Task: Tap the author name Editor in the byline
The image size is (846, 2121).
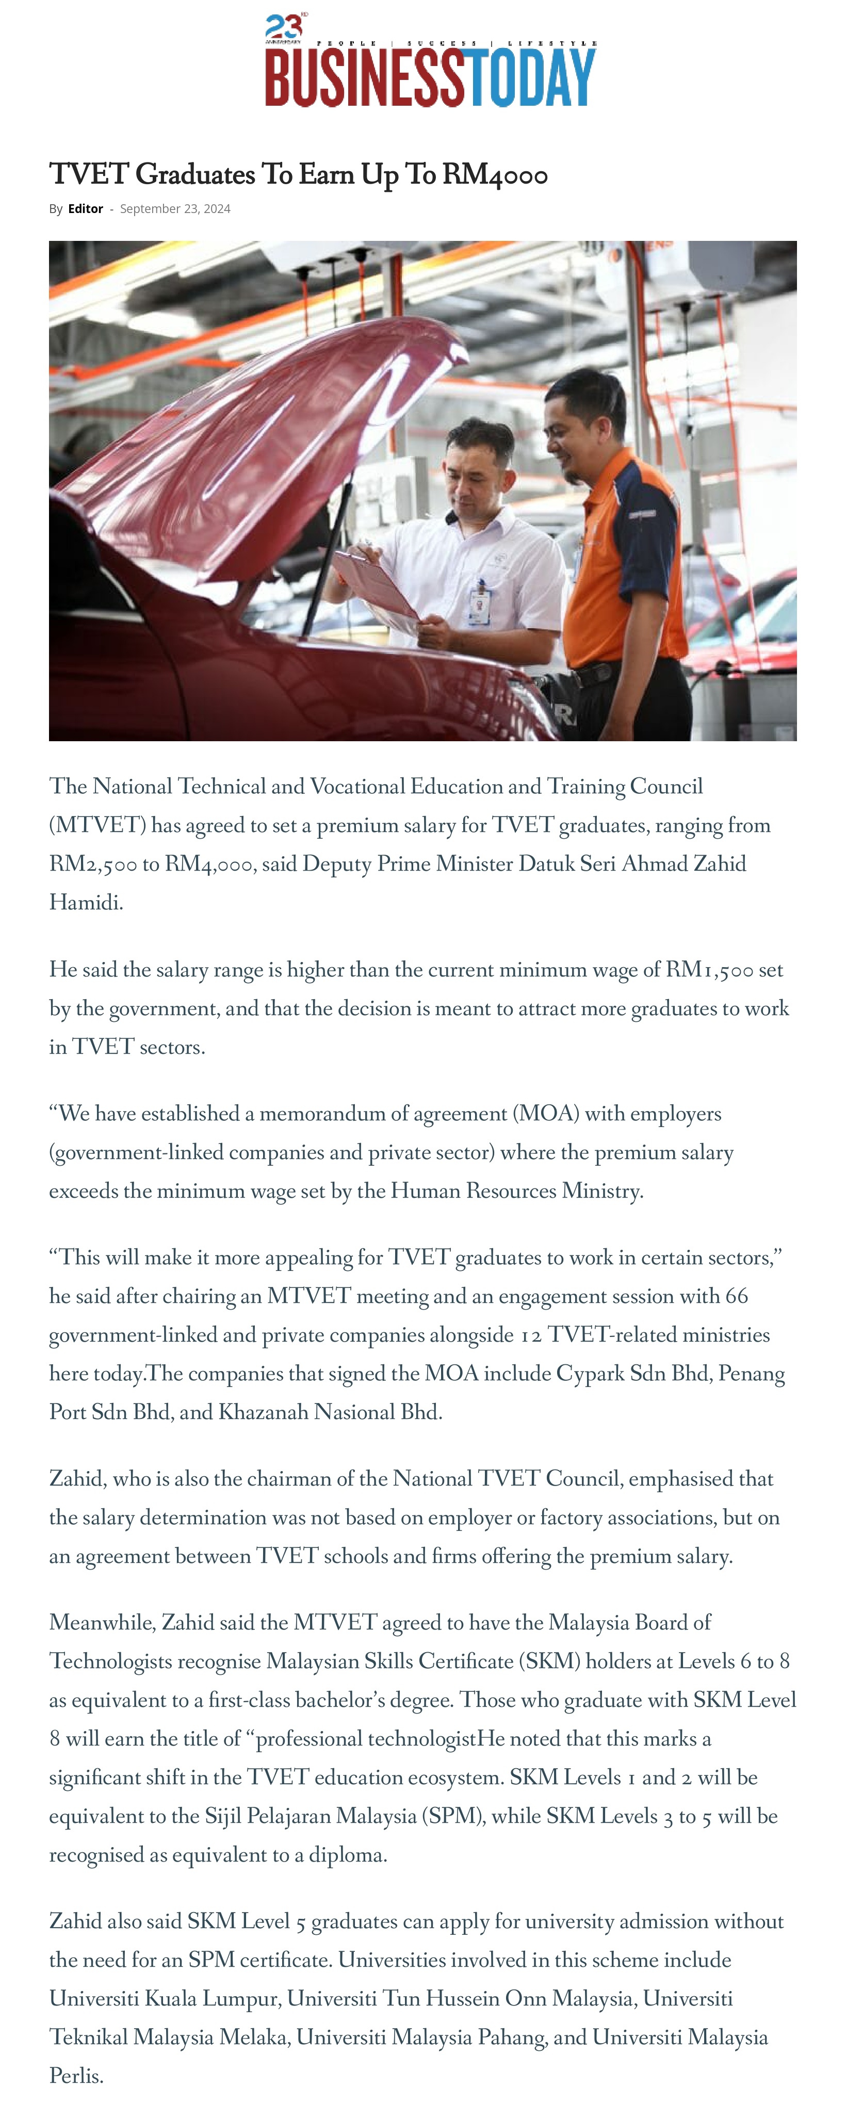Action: tap(86, 209)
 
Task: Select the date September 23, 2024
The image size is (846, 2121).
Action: tap(175, 209)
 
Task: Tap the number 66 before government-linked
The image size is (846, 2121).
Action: tap(737, 1297)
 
